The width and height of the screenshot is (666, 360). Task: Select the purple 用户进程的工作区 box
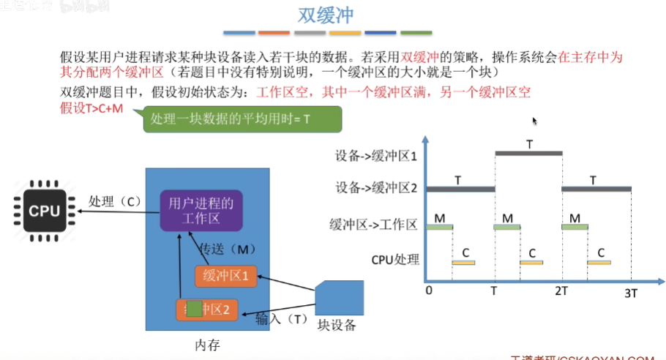pos(201,210)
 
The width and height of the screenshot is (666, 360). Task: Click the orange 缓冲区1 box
pos(226,276)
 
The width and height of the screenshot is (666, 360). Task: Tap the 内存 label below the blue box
pos(207,344)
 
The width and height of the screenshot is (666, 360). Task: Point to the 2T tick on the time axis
pos(561,291)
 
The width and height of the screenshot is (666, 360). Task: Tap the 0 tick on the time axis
pos(428,291)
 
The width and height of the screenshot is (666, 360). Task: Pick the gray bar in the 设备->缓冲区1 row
pos(528,153)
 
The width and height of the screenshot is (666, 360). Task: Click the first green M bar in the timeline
pos(439,227)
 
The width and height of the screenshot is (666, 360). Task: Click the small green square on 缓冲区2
pos(194,307)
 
